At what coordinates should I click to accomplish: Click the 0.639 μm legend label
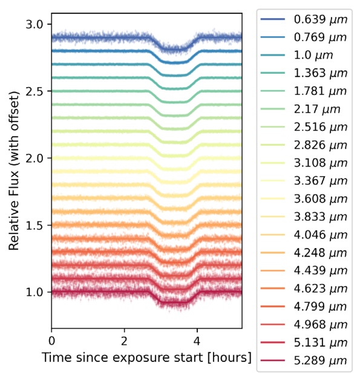tap(321, 19)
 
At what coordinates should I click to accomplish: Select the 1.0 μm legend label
tap(313, 55)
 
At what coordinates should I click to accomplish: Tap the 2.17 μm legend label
tap(317, 109)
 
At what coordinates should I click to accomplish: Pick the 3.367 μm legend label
tap(321, 181)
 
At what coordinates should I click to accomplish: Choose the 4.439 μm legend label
tap(321, 270)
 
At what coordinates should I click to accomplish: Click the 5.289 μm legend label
tap(321, 361)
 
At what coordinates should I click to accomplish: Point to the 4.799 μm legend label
tap(321, 306)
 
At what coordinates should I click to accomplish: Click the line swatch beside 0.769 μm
tap(273, 37)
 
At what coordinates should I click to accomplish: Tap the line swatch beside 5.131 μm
tap(273, 342)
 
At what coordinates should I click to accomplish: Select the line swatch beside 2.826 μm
tap(273, 145)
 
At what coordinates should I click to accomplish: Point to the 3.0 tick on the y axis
tap(34, 24)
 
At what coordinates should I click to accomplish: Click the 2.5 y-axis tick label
tap(34, 91)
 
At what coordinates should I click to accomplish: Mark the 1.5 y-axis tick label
tap(34, 225)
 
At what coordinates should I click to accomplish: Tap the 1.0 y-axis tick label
tap(34, 292)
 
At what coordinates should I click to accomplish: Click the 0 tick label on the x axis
tap(51, 341)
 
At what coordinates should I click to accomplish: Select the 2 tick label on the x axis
tap(124, 341)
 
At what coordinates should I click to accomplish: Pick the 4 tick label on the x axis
tap(197, 341)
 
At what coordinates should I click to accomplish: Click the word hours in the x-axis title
tap(229, 358)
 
